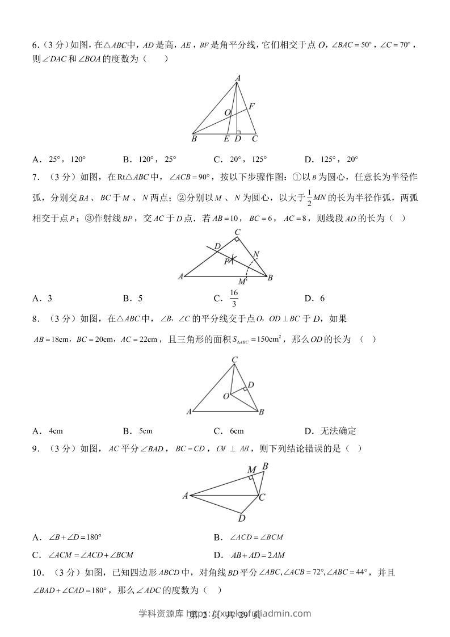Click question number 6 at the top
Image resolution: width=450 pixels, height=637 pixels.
35,45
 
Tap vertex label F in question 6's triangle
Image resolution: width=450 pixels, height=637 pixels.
251,106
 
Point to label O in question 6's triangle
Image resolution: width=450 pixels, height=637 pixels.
227,113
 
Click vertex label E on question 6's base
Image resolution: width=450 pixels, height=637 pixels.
226,139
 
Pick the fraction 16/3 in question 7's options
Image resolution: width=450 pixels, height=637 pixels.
234,298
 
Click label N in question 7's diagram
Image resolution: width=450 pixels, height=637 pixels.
256,253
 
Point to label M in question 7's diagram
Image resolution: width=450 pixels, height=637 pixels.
242,282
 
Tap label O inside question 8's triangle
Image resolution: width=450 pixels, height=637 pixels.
225,395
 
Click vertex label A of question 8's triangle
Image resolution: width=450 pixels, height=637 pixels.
188,412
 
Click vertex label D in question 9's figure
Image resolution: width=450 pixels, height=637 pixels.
241,518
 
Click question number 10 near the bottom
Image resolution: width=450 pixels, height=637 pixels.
39,573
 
